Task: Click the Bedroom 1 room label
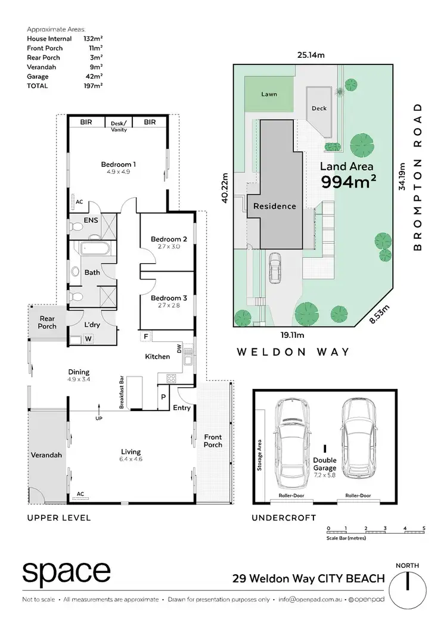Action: (x=119, y=164)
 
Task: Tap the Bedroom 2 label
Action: (x=169, y=239)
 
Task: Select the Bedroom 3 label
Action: (x=169, y=298)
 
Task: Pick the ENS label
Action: (x=91, y=220)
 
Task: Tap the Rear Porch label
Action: (x=47, y=322)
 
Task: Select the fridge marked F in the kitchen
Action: (x=145, y=337)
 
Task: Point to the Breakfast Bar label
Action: (x=121, y=391)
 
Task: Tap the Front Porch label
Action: (x=213, y=441)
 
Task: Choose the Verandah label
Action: (x=47, y=455)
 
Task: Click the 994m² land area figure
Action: (x=349, y=182)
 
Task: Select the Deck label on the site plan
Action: (x=319, y=108)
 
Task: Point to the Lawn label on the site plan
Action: (x=269, y=94)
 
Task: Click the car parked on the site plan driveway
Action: (x=275, y=269)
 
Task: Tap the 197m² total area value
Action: (x=93, y=86)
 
